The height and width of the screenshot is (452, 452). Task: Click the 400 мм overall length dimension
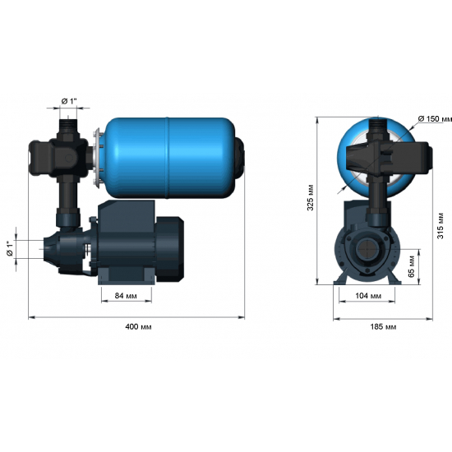click(x=139, y=326)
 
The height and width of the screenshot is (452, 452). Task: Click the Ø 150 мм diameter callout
click(x=435, y=120)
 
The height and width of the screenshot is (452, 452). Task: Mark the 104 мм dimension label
click(x=368, y=296)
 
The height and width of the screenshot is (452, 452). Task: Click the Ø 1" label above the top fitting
click(x=69, y=101)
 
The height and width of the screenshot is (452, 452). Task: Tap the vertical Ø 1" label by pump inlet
click(x=10, y=249)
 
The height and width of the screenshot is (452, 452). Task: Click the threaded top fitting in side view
click(x=68, y=129)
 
